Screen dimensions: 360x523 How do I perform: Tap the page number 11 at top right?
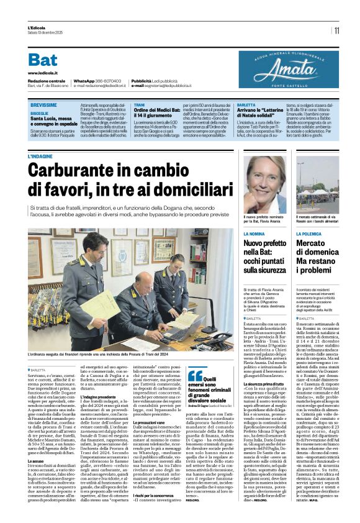(x=336, y=30)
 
